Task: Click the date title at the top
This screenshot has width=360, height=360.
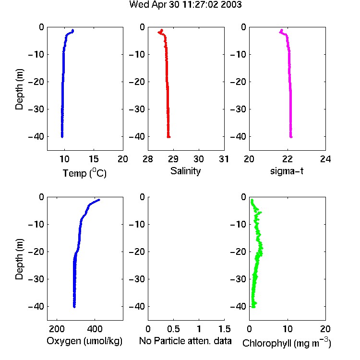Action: tap(185, 5)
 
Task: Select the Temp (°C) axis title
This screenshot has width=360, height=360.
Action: tap(84, 173)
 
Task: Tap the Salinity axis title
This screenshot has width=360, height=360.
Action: tap(185, 171)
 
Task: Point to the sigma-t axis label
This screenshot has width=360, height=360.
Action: tap(287, 171)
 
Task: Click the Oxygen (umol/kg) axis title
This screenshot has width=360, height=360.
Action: tap(84, 341)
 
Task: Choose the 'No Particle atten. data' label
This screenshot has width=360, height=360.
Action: tap(185, 341)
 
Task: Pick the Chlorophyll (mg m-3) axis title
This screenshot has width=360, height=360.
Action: tap(287, 343)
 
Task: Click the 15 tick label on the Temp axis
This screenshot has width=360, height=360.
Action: tap(94, 159)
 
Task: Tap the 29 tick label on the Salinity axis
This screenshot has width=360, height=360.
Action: tap(173, 159)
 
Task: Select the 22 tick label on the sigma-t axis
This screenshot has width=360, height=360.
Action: tap(288, 159)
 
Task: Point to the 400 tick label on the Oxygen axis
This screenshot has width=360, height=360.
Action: tap(95, 329)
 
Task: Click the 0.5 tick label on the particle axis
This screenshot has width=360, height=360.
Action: tap(173, 329)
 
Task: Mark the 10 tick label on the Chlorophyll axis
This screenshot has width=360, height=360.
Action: tap(288, 329)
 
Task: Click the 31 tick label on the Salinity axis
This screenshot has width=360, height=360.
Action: tap(224, 159)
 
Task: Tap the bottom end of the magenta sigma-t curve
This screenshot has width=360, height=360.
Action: tap(291, 137)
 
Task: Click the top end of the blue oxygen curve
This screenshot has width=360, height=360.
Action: tap(99, 200)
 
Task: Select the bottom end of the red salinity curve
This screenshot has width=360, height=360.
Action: tap(169, 137)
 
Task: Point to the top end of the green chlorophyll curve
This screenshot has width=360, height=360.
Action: tap(252, 200)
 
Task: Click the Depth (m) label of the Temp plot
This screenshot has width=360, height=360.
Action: tap(19, 89)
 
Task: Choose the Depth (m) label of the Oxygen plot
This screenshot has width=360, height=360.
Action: tap(19, 259)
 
